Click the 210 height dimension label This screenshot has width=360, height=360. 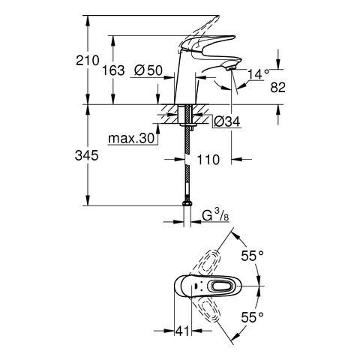click(x=88, y=61)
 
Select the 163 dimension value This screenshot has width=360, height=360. click(x=113, y=70)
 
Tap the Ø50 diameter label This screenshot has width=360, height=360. click(x=148, y=70)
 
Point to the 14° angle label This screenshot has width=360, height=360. click(x=258, y=74)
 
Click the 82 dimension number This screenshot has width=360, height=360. click(x=277, y=88)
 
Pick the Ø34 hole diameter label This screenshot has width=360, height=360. click(x=227, y=122)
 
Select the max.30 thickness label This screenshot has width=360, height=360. click(x=131, y=138)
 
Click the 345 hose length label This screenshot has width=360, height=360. click(x=87, y=156)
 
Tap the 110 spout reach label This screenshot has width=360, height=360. click(x=208, y=160)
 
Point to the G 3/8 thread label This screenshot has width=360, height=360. click(x=215, y=216)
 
